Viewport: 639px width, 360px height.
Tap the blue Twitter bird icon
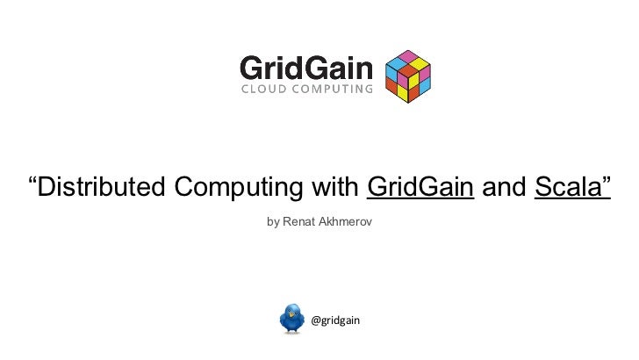coord(292,319)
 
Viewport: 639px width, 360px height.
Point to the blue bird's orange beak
coord(302,316)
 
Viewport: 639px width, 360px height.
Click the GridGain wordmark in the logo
coord(305,68)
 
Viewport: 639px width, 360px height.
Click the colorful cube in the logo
coord(408,76)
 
